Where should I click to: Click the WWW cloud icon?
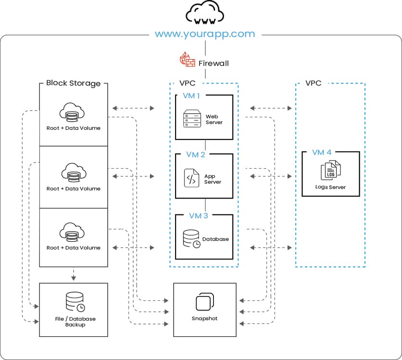204,15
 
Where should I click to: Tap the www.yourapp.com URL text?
205,34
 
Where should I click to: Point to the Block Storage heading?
74,83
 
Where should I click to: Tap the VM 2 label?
196,155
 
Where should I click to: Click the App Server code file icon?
191,178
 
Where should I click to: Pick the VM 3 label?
198,215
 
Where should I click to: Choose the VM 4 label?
322,152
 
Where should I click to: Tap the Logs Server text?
330,187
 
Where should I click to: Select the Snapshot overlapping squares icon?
204,302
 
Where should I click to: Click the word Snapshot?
204,319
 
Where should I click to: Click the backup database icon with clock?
75,301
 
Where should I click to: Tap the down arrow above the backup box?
73,277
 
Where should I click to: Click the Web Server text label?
214,119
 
